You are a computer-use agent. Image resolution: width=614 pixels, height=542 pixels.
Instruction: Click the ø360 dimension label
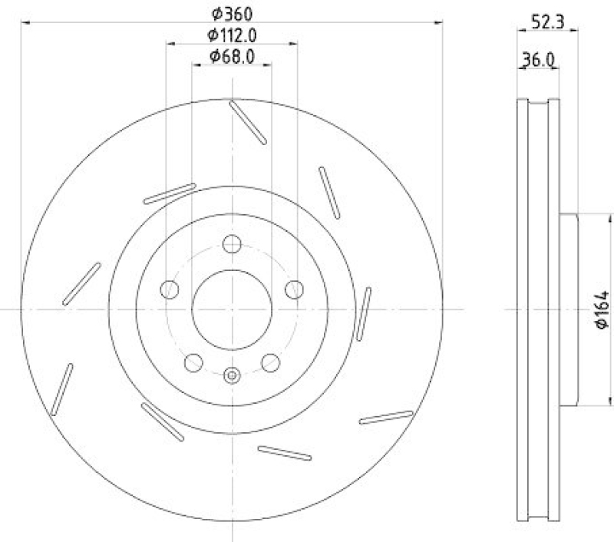232,13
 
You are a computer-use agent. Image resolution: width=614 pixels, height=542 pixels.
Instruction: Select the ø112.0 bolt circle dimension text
232,35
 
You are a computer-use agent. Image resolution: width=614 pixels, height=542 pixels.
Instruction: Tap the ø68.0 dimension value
232,56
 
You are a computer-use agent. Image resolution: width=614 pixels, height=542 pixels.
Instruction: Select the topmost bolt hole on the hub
232,244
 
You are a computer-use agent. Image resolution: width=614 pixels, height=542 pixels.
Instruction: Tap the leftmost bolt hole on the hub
170,289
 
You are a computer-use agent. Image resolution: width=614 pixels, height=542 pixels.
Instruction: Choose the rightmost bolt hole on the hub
294,289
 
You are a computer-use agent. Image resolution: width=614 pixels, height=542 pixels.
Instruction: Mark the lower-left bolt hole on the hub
193,362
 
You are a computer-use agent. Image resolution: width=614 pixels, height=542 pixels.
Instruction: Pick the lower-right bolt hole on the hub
270,362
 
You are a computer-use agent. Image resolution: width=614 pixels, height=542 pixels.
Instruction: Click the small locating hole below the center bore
232,375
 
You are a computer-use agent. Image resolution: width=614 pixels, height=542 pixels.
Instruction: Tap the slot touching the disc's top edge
248,121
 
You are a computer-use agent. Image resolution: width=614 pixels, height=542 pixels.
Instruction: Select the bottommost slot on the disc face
285,453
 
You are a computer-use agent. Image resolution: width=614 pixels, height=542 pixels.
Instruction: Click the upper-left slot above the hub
170,193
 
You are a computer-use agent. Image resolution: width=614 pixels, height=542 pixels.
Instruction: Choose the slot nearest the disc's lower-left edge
61,389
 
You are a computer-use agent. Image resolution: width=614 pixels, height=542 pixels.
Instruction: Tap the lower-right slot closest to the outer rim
386,417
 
